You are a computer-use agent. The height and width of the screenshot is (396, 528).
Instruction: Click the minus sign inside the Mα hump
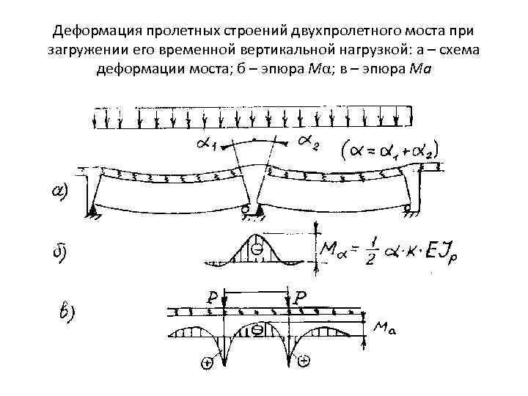(257, 250)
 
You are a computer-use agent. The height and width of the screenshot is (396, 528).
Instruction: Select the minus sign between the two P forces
(257, 330)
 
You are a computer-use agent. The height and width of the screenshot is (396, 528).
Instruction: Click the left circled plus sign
(208, 362)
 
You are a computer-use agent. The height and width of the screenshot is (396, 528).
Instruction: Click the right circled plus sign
(303, 361)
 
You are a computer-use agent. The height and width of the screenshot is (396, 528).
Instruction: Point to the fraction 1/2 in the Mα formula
(374, 248)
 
